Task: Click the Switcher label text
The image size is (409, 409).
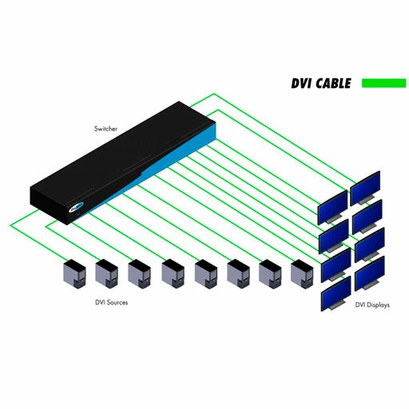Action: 105,129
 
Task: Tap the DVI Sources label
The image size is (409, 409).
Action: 111,303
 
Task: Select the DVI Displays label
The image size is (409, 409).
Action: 372,305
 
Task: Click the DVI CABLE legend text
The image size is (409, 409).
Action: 321,83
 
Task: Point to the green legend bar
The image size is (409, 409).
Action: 383,83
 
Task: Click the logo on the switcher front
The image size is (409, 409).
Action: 77,207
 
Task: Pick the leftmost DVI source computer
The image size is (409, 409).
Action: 74,274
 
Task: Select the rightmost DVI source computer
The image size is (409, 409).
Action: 302,274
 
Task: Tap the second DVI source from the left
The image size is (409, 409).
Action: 106,274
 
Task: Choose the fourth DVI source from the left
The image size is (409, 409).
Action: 173,274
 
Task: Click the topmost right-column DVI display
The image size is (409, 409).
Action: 365,189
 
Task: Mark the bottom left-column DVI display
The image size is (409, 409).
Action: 336,294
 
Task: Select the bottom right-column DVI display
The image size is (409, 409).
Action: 370,273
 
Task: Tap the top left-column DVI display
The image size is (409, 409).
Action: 332,208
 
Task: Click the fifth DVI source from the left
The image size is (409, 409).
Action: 206,274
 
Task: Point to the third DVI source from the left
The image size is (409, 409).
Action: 139,274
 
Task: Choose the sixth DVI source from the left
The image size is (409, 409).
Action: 238,274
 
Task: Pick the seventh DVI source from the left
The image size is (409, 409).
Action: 270,274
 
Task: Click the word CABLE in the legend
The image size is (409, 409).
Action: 333,83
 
